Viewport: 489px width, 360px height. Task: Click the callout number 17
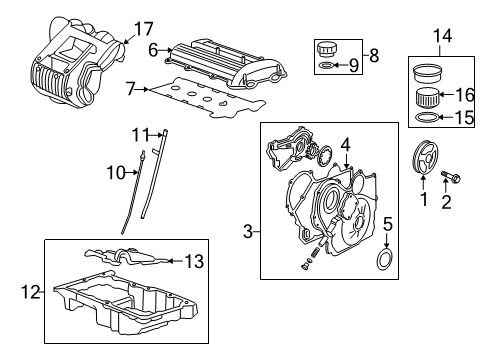pos(144,27)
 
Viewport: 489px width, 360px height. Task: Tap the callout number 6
pos(154,48)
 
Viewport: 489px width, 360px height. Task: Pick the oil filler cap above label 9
pos(326,49)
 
